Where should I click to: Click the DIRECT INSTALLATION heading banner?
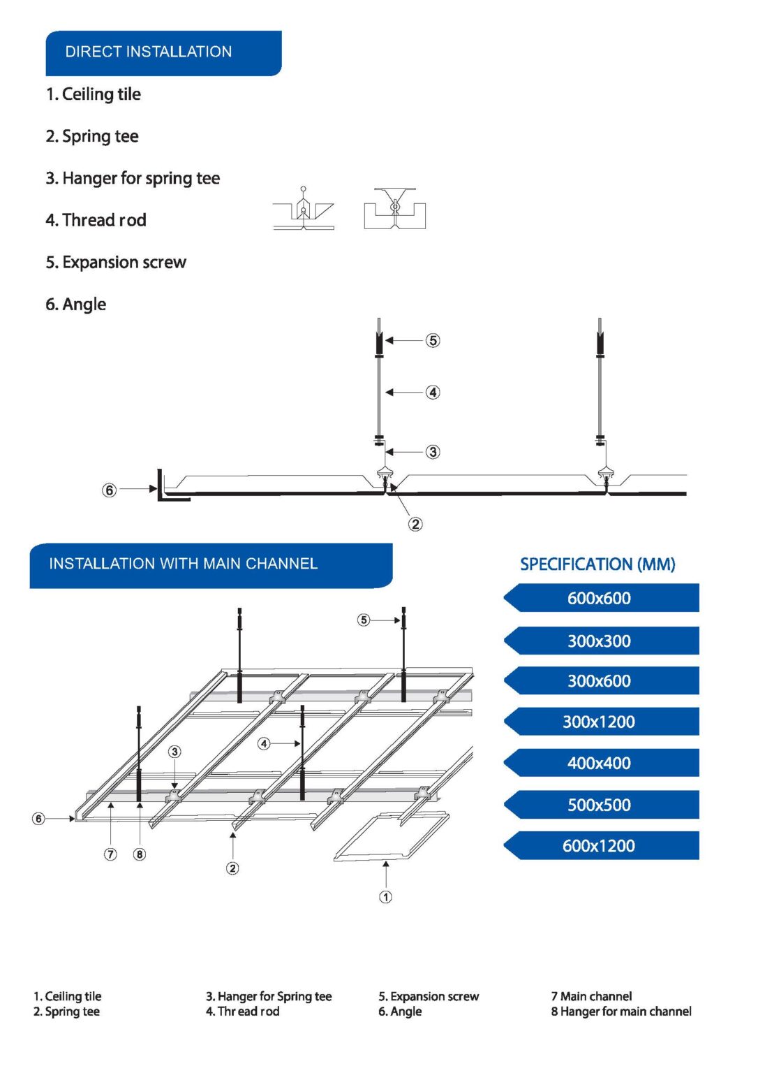pos(163,52)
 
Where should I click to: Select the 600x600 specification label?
pos(600,599)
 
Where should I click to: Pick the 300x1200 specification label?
pos(600,722)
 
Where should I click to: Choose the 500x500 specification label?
pos(600,805)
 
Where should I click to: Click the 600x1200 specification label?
pos(600,846)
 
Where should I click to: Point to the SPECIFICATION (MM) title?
pos(597,564)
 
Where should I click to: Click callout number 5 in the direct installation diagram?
pos(433,341)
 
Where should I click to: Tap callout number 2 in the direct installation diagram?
pos(415,524)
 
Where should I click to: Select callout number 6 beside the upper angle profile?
pos(110,490)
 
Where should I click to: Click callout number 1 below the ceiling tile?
pos(385,897)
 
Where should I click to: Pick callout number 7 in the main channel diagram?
pos(110,854)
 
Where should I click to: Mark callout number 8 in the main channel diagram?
pos(140,854)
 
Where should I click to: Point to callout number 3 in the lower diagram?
pos(174,752)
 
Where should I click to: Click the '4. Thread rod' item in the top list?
pos(96,221)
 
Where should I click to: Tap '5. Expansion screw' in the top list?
pos(116,263)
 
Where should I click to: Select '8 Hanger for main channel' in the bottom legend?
pos(621,1012)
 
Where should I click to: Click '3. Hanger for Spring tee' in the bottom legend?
pos(269,997)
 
